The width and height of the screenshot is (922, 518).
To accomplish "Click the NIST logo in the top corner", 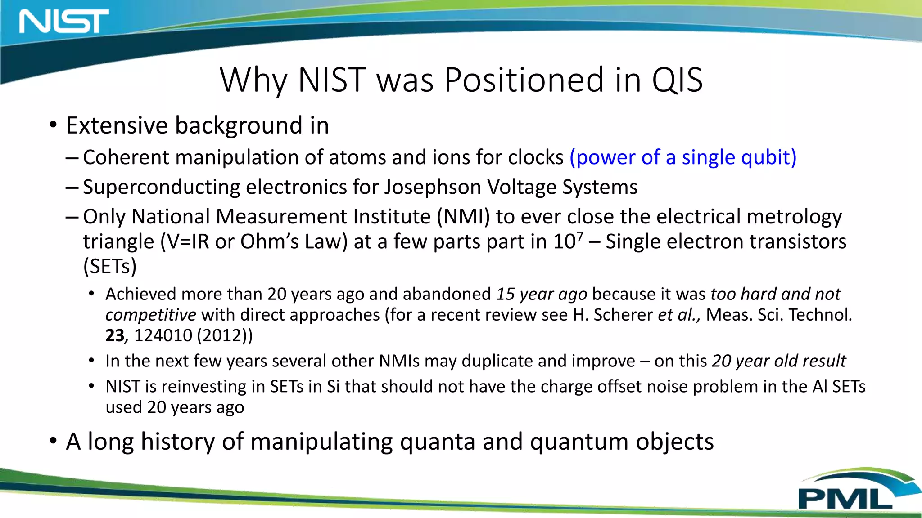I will (63, 21).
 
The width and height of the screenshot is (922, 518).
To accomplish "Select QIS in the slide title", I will (677, 80).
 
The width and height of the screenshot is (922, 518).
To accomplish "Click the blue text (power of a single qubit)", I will (682, 157).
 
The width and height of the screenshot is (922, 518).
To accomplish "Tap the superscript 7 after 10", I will (580, 236).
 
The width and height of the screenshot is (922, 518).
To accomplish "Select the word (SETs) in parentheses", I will (110, 266).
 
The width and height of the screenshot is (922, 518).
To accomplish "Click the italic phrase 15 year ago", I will (542, 294).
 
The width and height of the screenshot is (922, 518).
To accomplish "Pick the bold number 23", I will (114, 336).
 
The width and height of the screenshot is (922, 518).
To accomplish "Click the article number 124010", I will (163, 336).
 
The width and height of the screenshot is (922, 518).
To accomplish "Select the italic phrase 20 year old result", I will (778, 361).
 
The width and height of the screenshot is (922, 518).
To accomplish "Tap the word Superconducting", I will (161, 187).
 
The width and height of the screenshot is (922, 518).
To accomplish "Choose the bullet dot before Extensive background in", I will (53, 125).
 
